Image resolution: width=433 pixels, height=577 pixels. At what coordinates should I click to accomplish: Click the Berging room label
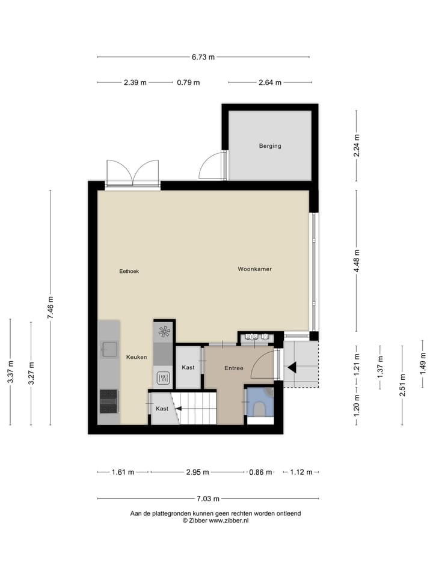click(270, 145)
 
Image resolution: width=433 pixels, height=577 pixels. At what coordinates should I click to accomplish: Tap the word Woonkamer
click(254, 269)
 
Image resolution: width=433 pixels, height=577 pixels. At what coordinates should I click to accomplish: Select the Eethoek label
click(129, 271)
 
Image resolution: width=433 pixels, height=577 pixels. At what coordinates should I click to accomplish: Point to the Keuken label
click(137, 357)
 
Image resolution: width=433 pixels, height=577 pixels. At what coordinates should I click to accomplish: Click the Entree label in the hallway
click(234, 368)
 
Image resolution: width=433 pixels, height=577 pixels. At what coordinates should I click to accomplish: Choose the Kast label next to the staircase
click(162, 409)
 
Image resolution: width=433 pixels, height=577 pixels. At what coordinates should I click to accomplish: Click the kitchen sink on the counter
click(109, 349)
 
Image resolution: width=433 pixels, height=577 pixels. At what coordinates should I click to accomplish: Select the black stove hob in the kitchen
click(109, 400)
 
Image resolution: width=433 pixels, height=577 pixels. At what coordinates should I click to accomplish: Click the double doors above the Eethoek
click(132, 173)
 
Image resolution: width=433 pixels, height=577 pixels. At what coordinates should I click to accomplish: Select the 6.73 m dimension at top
click(203, 57)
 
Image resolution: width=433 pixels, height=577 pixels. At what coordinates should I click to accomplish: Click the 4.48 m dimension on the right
click(357, 261)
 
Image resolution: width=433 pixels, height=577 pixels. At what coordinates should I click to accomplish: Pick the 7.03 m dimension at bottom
click(207, 498)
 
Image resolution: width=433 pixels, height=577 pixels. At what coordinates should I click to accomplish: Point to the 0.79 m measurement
click(188, 83)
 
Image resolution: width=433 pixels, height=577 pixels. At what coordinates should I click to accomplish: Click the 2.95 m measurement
click(197, 472)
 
